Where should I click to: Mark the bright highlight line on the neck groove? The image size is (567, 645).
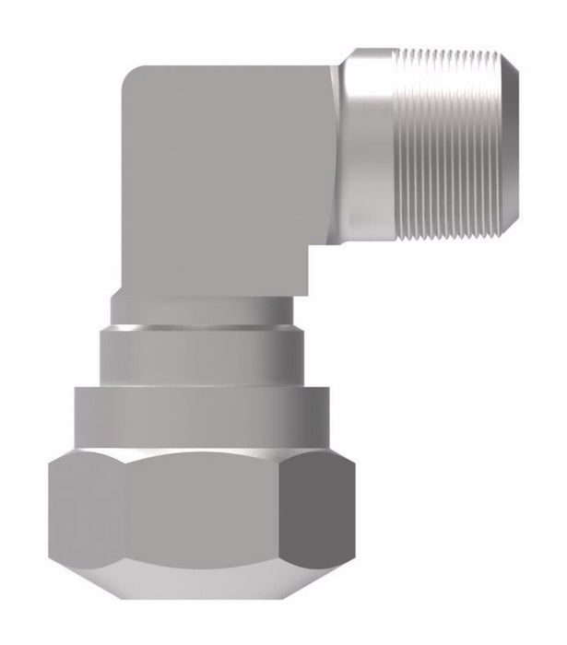click(207, 323)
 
